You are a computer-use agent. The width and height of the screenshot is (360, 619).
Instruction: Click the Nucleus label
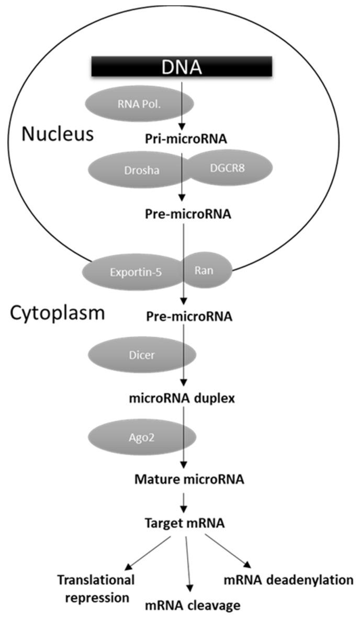[x=58, y=134]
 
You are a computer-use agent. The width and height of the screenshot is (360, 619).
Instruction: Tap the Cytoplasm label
[x=58, y=313]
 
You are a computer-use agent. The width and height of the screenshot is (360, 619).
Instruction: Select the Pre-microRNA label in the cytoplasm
[x=182, y=317]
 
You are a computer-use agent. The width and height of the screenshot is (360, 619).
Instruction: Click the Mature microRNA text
[x=182, y=478]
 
